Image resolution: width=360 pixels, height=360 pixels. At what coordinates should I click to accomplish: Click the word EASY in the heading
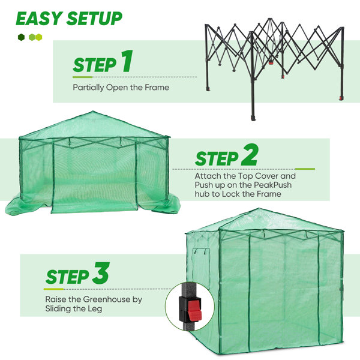coord(39,19)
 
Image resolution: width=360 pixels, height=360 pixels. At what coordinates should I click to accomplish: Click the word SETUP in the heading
coord(94,19)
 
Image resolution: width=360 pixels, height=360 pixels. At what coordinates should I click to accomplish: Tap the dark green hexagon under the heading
coord(21,37)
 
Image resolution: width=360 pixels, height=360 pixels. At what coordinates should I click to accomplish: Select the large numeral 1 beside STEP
coord(127,61)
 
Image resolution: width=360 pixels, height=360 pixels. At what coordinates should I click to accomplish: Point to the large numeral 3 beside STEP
coord(101,273)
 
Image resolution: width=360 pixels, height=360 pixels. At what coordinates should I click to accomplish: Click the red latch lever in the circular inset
coord(194,310)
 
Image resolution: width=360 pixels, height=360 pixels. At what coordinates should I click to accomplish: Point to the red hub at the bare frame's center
coord(271,62)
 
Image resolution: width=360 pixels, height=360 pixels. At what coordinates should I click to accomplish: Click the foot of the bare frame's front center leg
coord(253,118)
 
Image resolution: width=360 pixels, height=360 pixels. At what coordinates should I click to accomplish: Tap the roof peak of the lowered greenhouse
coord(93,112)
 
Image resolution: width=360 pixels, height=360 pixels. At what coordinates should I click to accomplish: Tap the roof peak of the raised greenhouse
coord(259,209)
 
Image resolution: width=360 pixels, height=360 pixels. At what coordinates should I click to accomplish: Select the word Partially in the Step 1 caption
coord(88,88)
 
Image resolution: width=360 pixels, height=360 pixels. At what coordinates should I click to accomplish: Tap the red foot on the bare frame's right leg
coord(341,98)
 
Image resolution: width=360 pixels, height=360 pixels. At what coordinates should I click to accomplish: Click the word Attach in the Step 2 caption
coord(208,176)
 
